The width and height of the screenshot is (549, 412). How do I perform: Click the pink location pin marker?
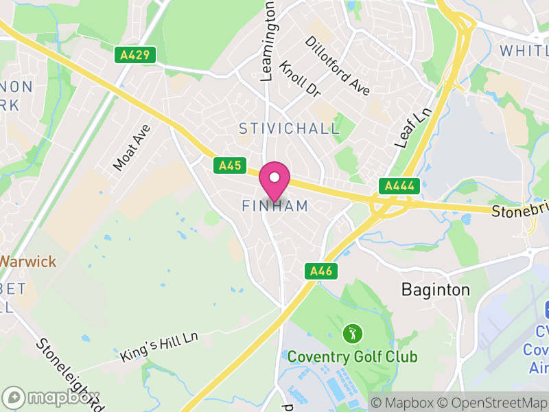point(274,179)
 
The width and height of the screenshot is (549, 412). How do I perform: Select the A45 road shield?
point(229,165)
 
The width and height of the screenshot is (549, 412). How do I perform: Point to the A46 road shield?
point(320,271)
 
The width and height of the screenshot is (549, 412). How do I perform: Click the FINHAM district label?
point(275,206)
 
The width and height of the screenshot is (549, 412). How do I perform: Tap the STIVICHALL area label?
point(289,128)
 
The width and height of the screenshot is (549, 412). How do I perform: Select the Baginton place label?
point(436,290)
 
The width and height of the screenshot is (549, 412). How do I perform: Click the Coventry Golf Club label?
point(352,357)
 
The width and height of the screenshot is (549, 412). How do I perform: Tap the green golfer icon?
point(352,334)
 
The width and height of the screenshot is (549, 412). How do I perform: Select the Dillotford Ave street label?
point(337,66)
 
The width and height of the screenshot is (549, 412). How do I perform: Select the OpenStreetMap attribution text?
point(493,402)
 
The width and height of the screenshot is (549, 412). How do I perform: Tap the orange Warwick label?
point(27,262)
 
